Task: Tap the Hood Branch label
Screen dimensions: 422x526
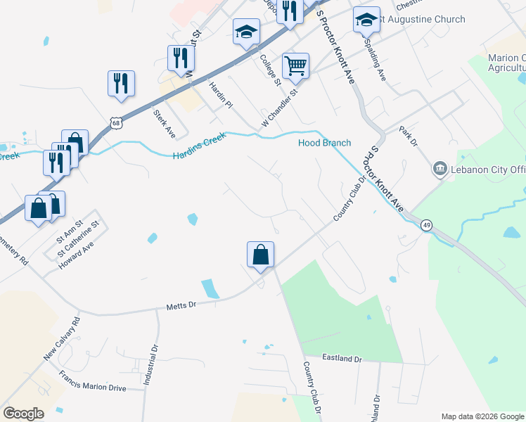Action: point(324,143)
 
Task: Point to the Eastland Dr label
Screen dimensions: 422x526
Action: point(342,359)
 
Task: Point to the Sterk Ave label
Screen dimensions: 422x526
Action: point(165,124)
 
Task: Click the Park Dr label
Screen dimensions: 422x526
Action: point(409,136)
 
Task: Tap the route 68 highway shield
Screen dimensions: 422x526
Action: point(115,123)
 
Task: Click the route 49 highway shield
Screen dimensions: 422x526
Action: point(426,225)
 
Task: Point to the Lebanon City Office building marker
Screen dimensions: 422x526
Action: point(440,169)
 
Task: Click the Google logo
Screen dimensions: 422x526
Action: point(24,413)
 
